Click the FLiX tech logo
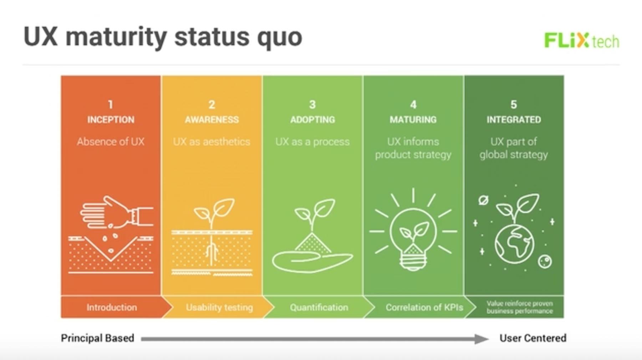click(x=582, y=40)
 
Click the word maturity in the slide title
click(x=116, y=37)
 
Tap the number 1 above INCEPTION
click(x=111, y=104)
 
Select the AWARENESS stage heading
click(x=212, y=119)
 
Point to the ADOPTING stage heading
click(x=312, y=119)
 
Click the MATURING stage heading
click(x=413, y=119)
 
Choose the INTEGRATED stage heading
click(x=514, y=119)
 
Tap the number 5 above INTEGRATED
click(x=514, y=104)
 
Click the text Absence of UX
click(x=111, y=142)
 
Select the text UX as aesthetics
click(x=212, y=142)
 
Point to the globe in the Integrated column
click(x=514, y=244)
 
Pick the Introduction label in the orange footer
click(x=112, y=307)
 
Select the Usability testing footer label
click(x=219, y=307)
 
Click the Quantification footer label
click(x=319, y=307)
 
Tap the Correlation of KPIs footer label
click(x=424, y=307)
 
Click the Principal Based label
click(x=97, y=338)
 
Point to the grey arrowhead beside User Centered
click(x=482, y=339)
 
